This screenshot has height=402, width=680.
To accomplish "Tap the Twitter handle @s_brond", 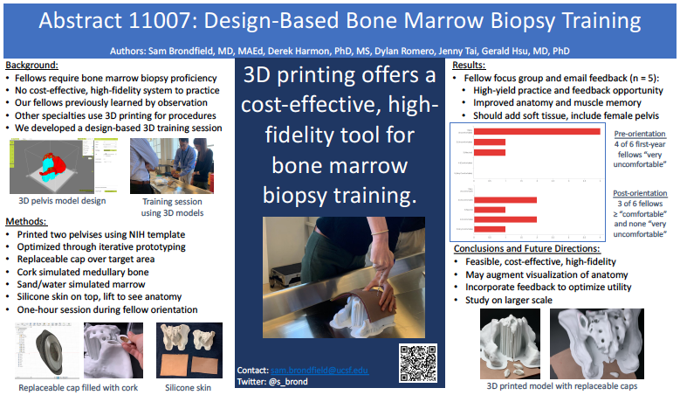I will [x=287, y=382].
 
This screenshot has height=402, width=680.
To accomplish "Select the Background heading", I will [x=32, y=65].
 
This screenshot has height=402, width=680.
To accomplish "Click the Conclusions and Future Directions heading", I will [x=534, y=249].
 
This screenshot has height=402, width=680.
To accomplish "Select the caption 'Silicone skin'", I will [x=189, y=386].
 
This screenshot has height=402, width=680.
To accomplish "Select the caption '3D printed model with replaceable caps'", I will [x=560, y=384].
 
